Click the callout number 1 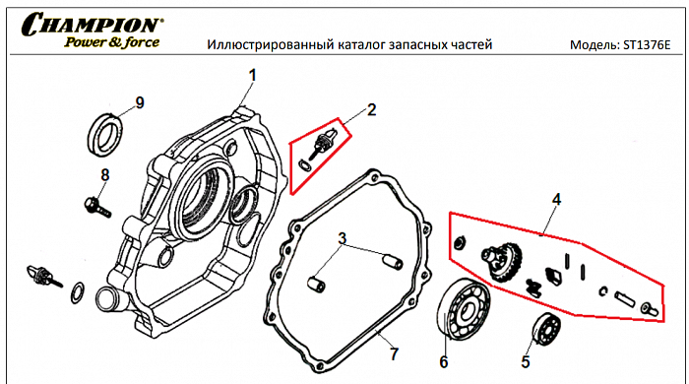[x=252, y=74]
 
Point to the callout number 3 [x=342, y=238]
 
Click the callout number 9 [x=139, y=102]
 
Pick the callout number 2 [x=371, y=109]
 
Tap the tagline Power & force [x=111, y=42]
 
